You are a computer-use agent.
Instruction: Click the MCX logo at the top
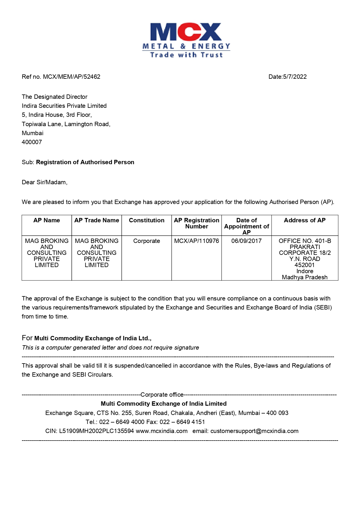click(186, 40)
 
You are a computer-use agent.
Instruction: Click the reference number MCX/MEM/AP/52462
click(71, 77)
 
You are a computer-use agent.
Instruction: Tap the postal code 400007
click(32, 142)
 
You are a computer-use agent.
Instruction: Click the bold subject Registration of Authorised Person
click(85, 162)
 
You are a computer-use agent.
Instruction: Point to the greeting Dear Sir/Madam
click(44, 182)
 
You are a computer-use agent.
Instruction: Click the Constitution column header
click(147, 220)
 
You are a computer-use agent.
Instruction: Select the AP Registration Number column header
click(197, 223)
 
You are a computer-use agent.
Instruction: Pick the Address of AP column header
click(305, 220)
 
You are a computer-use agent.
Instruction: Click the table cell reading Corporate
click(147, 241)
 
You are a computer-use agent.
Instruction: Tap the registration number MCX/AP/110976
click(197, 241)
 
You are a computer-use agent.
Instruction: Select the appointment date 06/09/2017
click(246, 241)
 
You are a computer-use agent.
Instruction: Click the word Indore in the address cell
click(305, 271)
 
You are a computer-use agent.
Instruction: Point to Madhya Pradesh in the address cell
click(305, 277)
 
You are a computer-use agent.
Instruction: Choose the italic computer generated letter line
click(110, 348)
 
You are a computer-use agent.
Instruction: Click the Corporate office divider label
click(162, 395)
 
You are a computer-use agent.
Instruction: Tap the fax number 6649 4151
click(190, 422)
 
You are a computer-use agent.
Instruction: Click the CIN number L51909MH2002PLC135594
click(96, 431)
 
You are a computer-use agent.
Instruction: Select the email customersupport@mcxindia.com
click(254, 431)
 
